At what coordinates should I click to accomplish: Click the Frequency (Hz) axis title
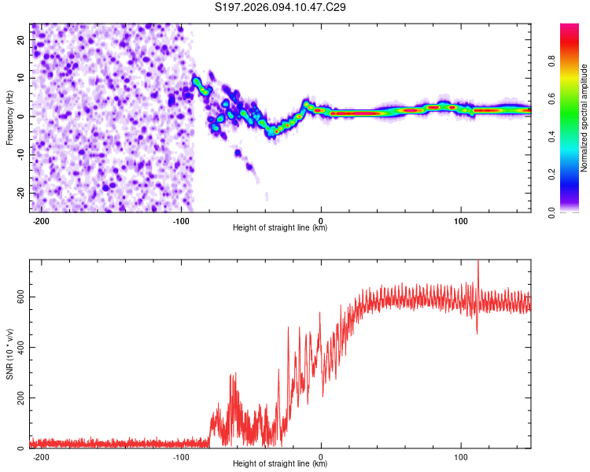point(9,118)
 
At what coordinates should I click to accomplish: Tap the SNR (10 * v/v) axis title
point(9,354)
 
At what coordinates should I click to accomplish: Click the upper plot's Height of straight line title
point(280,228)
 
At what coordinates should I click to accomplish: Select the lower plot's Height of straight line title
point(280,464)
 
